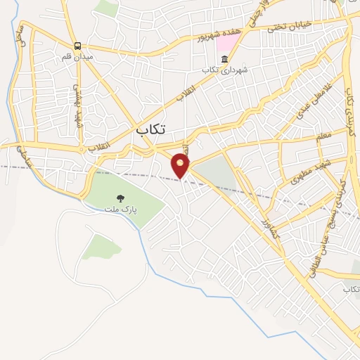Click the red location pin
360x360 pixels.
pyautogui.click(x=181, y=165)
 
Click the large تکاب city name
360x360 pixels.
pyautogui.click(x=152, y=129)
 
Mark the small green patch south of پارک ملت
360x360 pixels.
pyautogui.click(x=103, y=246)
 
